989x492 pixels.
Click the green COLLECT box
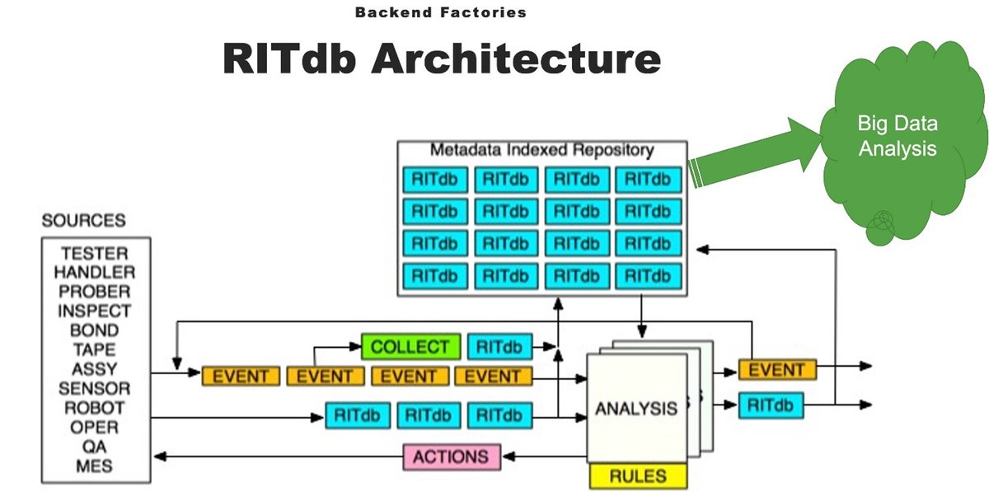coord(409,347)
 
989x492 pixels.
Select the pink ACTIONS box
coord(451,457)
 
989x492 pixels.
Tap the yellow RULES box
coord(637,476)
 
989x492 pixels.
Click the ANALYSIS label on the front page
coord(636,408)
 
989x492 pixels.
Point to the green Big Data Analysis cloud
coord(898,140)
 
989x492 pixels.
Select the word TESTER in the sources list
coord(95,254)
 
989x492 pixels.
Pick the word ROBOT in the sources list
coord(95,408)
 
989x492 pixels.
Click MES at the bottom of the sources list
coord(95,466)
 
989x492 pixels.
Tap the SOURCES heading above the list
coord(84,221)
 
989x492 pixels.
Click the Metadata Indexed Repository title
coord(541,150)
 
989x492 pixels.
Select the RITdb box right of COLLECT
coord(500,347)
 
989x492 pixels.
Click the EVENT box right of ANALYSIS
coord(776,370)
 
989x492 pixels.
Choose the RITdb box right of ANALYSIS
coord(771,405)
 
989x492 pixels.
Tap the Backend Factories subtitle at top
coord(440,12)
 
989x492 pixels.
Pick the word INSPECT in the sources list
coord(95,312)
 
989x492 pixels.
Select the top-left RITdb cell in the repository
coord(435,179)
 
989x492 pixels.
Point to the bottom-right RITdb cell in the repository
coord(648,275)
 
